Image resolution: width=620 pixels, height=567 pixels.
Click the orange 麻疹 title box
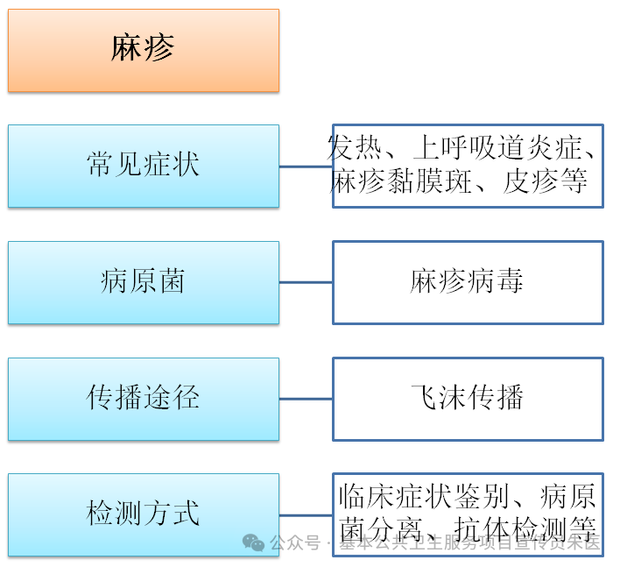144,50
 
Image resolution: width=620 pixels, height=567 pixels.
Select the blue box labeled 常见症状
144,166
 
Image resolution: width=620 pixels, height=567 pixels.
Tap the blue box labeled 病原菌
144,282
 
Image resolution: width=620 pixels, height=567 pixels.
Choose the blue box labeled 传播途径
144,399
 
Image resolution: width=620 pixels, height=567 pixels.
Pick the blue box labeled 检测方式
144,514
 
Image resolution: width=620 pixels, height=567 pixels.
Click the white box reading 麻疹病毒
468,282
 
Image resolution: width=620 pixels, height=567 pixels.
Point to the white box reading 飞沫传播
468,399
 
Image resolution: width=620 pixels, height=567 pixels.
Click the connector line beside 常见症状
306,166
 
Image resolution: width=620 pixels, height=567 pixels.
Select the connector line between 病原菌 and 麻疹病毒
306,282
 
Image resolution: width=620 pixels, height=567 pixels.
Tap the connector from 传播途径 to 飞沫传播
306,399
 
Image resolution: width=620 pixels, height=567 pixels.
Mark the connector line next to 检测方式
306,514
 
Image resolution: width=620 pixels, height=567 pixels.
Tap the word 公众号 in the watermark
295,543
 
